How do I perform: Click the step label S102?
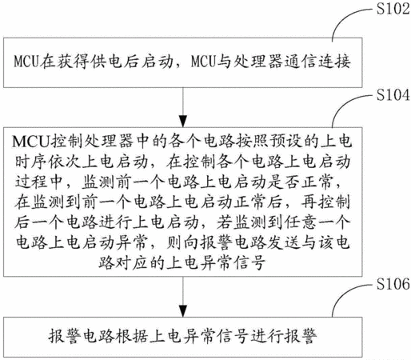coord(393,9)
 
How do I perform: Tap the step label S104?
coord(393,95)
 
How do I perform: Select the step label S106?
coord(393,284)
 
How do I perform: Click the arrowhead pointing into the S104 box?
coord(183,122)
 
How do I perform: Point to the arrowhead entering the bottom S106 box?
coord(183,311)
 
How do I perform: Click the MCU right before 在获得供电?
coord(26,62)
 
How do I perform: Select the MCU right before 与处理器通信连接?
coord(203,62)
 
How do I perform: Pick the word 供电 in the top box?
coord(106,62)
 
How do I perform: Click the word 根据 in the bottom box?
coord(132,336)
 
